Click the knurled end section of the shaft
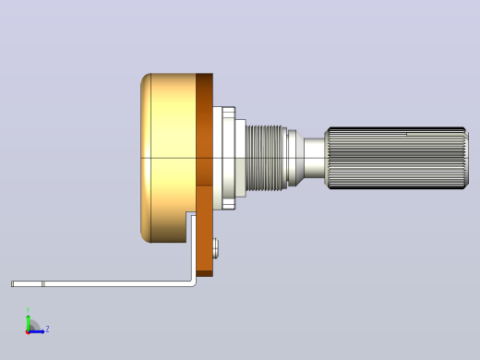[x=396, y=158]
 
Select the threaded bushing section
[x=267, y=158]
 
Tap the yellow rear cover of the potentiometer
[x=168, y=158]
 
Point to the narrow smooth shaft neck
[x=314, y=158]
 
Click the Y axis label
[x=28, y=310]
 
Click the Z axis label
[x=47, y=330]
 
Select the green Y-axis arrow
[x=29, y=322]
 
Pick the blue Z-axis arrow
[x=36, y=331]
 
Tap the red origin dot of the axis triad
[x=28, y=332]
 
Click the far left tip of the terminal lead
[x=11, y=283]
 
